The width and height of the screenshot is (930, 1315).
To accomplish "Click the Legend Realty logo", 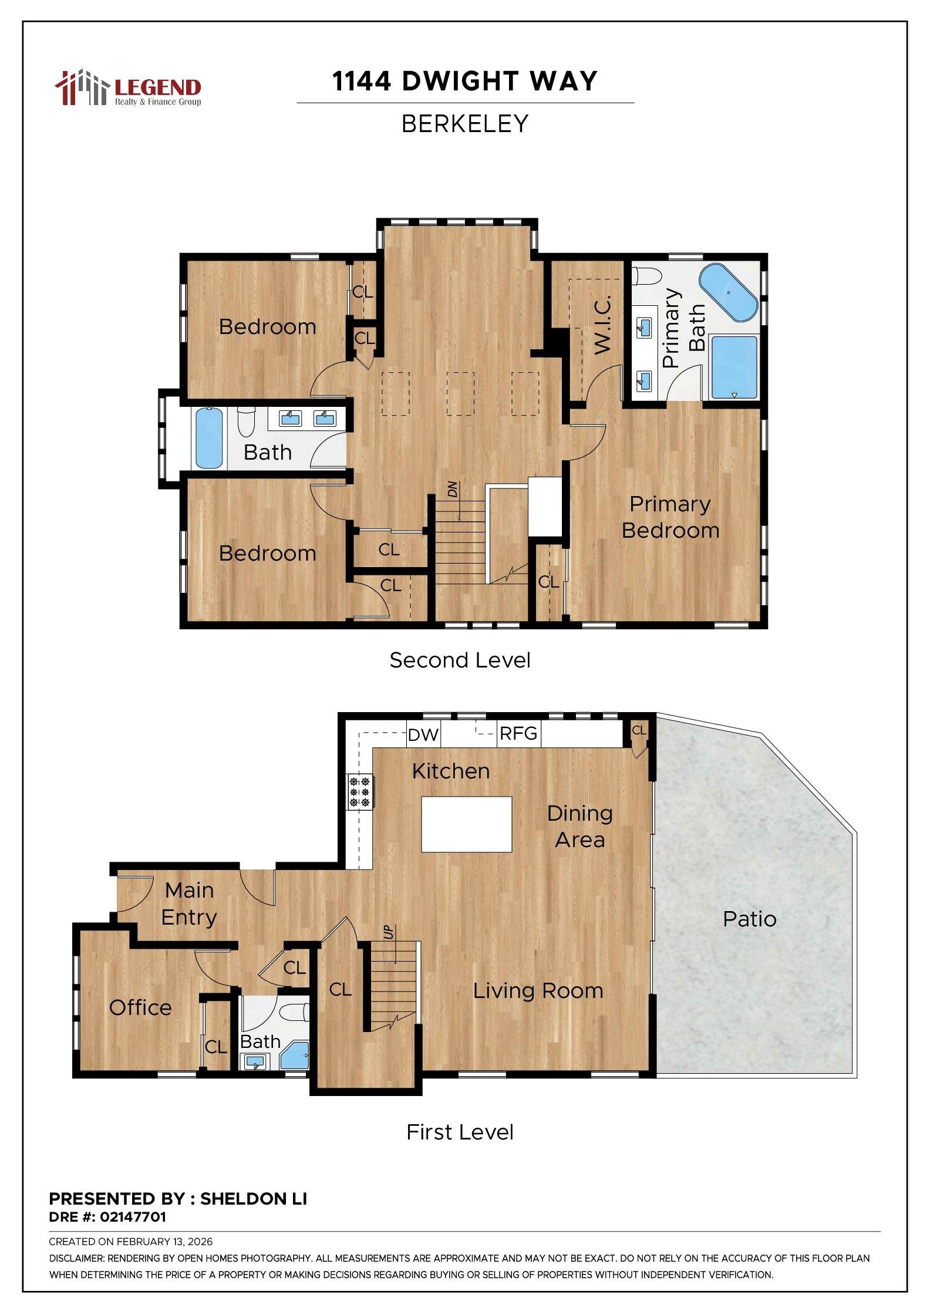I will (128, 88).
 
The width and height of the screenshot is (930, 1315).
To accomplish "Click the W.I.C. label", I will (603, 325).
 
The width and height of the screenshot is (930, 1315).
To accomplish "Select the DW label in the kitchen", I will (423, 735).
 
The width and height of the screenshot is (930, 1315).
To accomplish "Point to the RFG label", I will (518, 734).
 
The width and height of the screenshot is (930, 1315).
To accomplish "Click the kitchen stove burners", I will (359, 791).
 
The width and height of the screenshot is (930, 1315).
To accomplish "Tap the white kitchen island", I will (466, 824).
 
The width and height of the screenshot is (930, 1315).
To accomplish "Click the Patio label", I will (749, 919).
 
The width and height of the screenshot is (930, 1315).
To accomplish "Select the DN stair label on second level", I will (452, 489).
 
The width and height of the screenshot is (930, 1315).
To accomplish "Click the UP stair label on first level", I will (389, 932).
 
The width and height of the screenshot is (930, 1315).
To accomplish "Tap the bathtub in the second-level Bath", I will (208, 438).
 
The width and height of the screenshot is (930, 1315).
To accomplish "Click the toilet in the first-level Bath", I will (294, 1012).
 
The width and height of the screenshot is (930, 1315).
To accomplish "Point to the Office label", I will (140, 1007).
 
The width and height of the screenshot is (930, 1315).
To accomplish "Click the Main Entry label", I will (189, 903).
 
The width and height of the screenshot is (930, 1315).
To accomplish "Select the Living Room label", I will (538, 991).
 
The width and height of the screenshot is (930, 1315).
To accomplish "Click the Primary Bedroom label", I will (670, 517).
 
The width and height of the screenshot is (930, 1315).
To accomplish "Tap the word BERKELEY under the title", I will (465, 124).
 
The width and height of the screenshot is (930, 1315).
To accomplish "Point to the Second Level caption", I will (460, 660).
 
